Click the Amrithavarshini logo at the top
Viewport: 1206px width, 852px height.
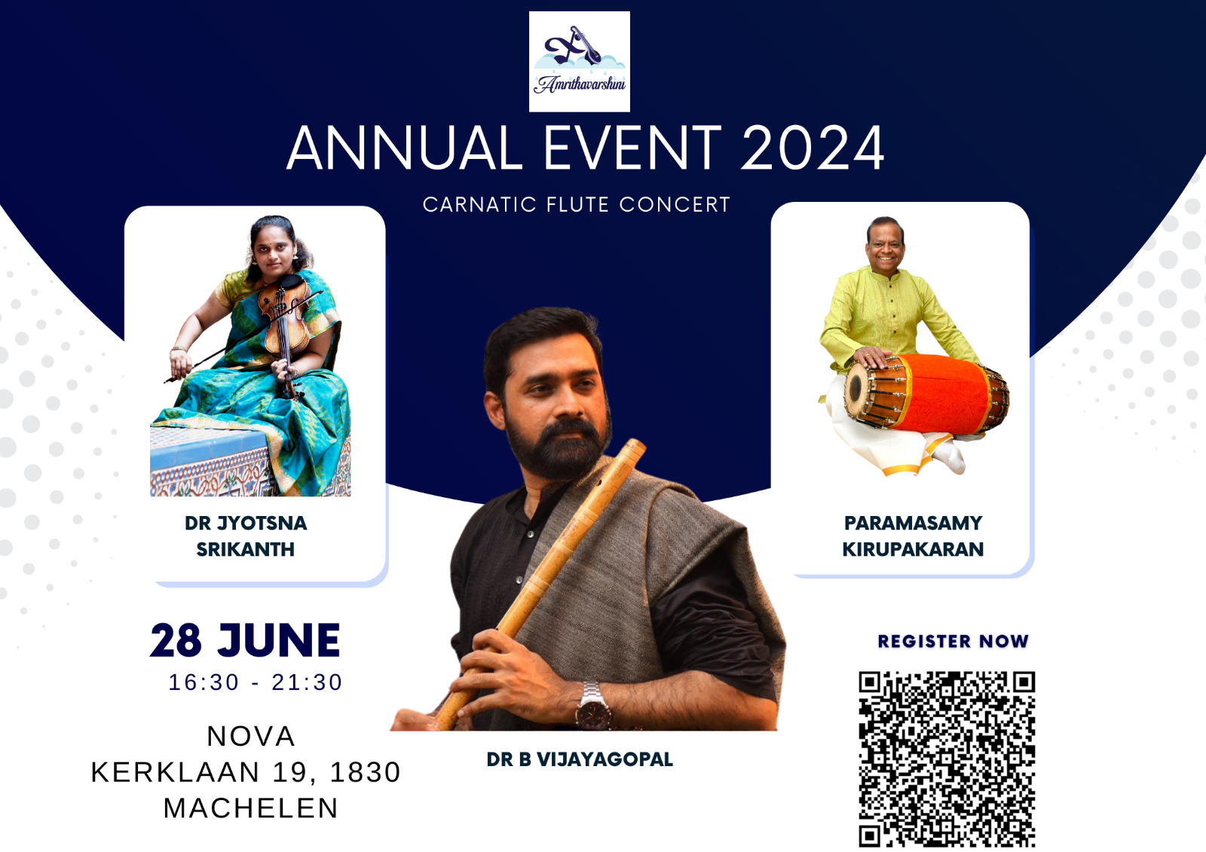tap(580, 61)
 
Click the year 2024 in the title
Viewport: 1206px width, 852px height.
tap(813, 148)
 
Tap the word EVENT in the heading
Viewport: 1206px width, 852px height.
tap(632, 148)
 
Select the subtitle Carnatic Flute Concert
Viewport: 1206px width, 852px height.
tap(576, 204)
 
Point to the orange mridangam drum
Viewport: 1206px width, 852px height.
tap(926, 394)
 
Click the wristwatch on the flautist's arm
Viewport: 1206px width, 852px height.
tap(592, 705)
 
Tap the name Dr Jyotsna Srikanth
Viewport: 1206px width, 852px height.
tap(246, 536)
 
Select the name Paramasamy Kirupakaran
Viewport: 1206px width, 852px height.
tap(913, 536)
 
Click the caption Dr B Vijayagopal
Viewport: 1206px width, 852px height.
tap(580, 759)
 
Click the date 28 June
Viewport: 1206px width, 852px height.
tap(245, 640)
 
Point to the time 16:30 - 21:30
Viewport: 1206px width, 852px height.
tap(256, 683)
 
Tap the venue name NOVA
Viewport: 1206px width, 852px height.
tap(251, 736)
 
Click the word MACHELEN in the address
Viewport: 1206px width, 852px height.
tap(251, 808)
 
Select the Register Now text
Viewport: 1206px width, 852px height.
tap(953, 641)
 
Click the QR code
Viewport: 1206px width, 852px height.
tap(947, 759)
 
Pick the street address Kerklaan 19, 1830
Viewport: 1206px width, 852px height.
tap(246, 772)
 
